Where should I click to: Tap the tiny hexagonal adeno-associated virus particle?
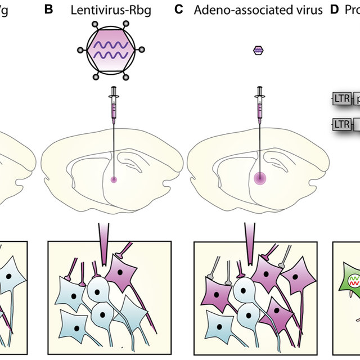click(x=259, y=51)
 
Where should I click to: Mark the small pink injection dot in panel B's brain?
click(x=115, y=179)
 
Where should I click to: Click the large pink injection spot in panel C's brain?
click(x=259, y=179)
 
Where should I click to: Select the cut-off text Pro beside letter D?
click(x=351, y=11)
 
